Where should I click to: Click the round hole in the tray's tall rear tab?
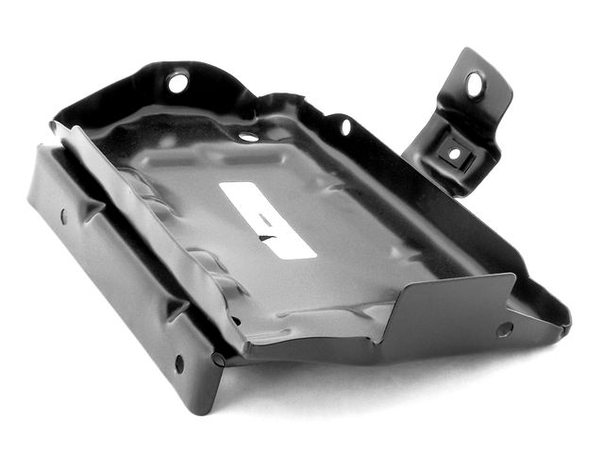coord(177,83)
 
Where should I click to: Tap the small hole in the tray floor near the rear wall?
coord(247,137)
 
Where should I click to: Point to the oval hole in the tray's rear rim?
coord(345,126)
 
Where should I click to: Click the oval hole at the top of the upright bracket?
coord(474,85)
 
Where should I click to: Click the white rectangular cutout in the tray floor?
coord(267,218)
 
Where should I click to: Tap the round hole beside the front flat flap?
coord(504,329)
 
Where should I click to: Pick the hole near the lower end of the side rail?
coord(179,362)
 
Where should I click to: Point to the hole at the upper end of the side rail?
coord(63,216)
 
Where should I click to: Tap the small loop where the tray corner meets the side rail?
coord(218,359)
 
